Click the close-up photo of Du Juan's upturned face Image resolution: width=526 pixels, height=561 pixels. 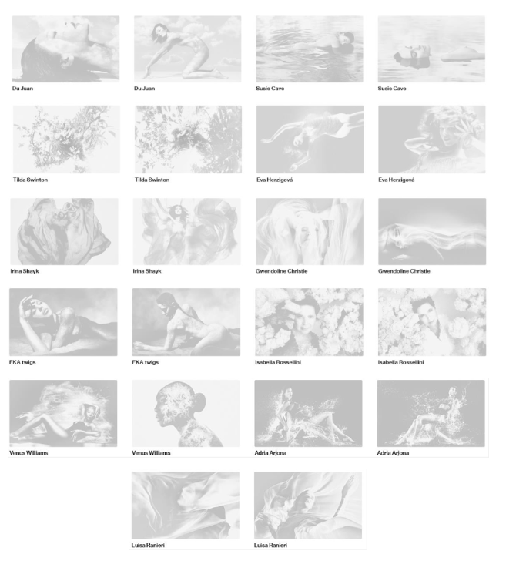(x=65, y=49)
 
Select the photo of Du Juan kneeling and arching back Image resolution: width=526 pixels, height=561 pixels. (x=187, y=49)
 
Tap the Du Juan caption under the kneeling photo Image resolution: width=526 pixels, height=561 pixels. (x=145, y=89)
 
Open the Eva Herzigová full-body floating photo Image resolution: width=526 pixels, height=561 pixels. (x=310, y=139)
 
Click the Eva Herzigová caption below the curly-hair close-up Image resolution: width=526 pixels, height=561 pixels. (x=396, y=180)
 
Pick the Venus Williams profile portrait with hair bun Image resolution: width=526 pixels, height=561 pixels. (x=186, y=413)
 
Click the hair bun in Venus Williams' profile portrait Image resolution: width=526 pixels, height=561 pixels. (x=199, y=401)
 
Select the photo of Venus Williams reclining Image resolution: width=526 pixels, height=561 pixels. (x=63, y=413)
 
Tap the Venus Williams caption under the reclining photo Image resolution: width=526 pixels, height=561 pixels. (x=28, y=453)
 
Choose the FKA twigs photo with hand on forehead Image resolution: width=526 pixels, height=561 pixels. (x=63, y=322)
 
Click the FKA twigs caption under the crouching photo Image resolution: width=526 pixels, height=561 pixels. (x=146, y=362)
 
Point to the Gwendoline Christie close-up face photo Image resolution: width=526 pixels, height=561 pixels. (x=310, y=231)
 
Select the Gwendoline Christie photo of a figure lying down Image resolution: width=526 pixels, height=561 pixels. (x=432, y=231)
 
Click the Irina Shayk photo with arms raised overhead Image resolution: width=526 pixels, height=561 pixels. (x=186, y=231)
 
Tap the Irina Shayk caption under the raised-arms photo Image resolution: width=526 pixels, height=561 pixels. (x=147, y=271)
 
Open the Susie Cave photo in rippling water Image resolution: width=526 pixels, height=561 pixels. (x=310, y=49)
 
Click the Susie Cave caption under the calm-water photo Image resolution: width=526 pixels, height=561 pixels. (x=392, y=89)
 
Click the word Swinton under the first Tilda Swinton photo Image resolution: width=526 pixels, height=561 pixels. (x=37, y=180)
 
